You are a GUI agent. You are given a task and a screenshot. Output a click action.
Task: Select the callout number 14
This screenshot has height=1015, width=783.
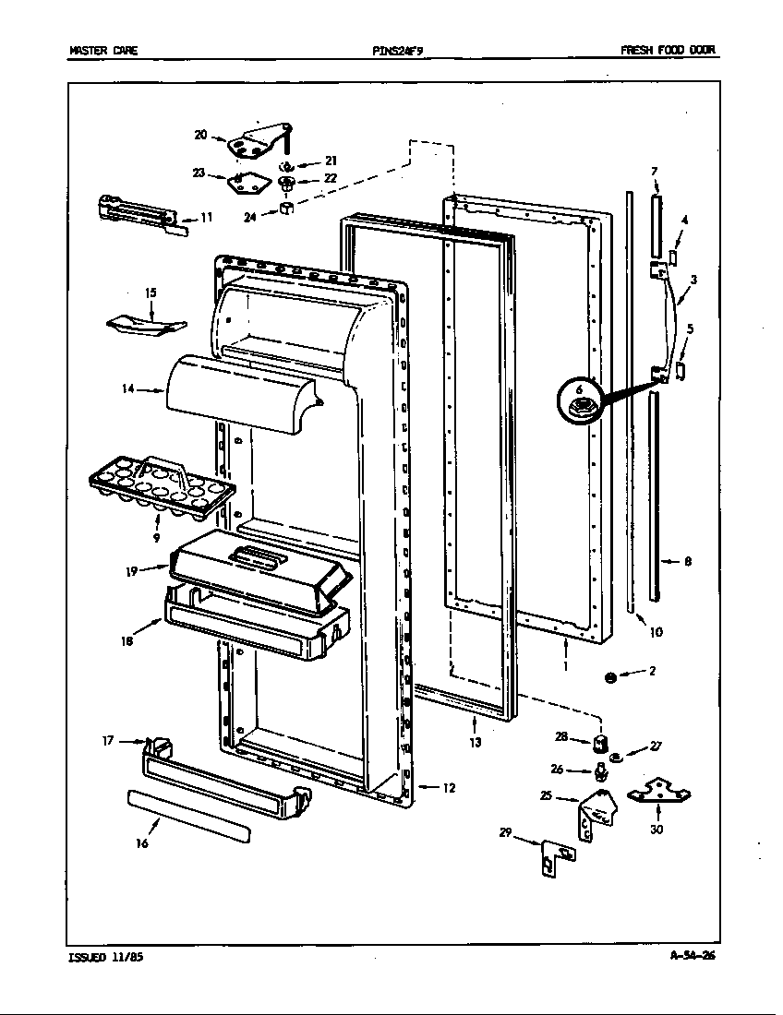pyautogui.click(x=128, y=389)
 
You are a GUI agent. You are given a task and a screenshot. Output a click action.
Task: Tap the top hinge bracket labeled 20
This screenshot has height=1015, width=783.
pyautogui.click(x=257, y=141)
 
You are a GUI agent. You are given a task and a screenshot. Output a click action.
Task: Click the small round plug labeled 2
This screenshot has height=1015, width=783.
pyautogui.click(x=609, y=678)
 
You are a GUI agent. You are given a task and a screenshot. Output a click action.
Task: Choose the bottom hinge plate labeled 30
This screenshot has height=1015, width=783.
pyautogui.click(x=658, y=790)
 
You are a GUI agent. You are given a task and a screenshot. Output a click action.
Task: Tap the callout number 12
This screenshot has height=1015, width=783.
pyautogui.click(x=449, y=788)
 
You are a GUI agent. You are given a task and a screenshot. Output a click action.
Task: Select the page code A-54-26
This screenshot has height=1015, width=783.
pyautogui.click(x=692, y=956)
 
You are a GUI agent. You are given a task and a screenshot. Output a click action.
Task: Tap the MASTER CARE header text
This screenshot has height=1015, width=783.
pyautogui.click(x=103, y=51)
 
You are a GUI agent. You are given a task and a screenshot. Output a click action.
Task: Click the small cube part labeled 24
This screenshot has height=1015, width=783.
pyautogui.click(x=286, y=210)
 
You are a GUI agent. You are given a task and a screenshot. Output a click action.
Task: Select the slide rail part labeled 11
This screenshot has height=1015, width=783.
pyautogui.click(x=138, y=209)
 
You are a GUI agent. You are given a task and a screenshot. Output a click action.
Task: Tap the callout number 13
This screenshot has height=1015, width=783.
pyautogui.click(x=475, y=742)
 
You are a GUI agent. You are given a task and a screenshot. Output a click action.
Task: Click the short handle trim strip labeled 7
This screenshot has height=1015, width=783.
pyautogui.click(x=656, y=225)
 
